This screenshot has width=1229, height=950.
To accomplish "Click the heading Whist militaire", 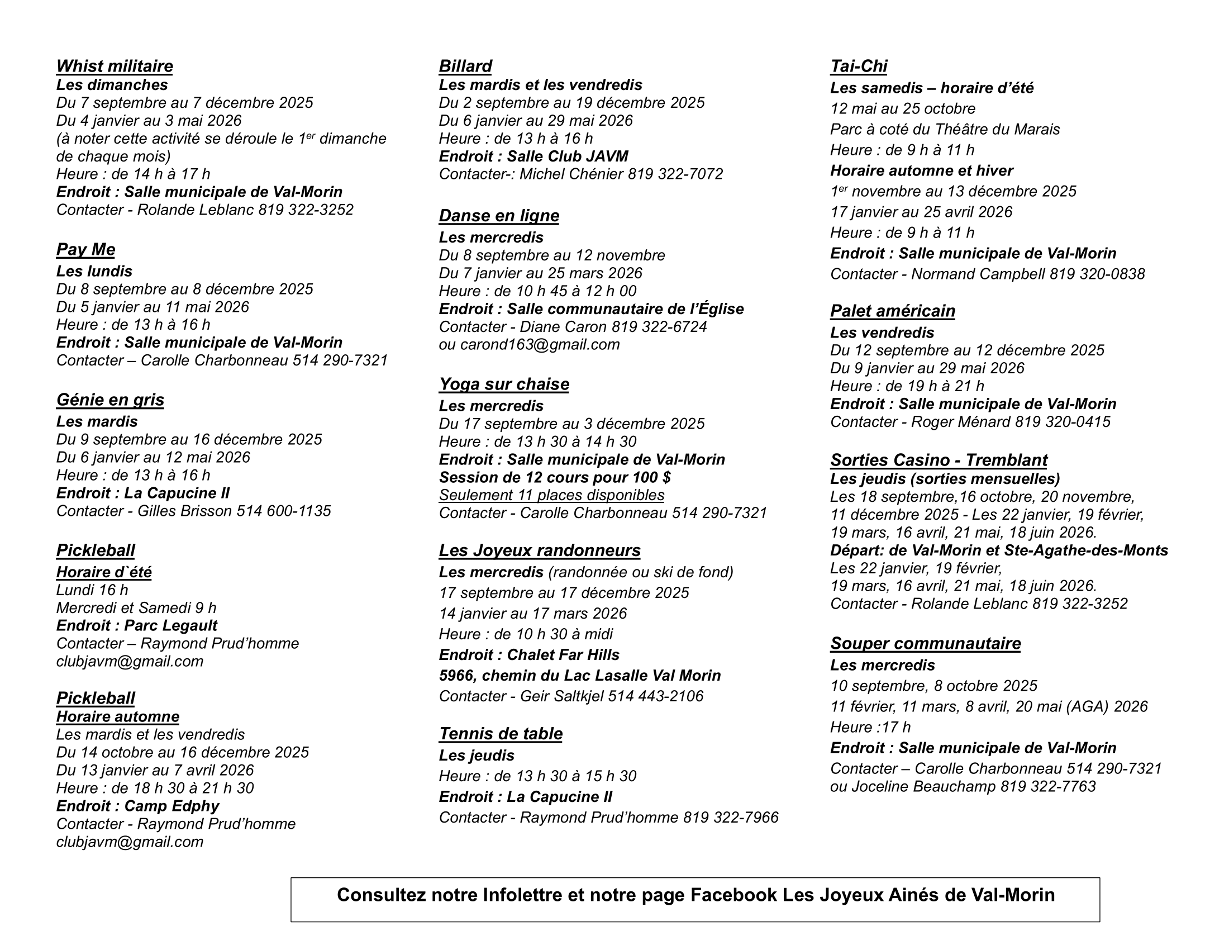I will (114, 66).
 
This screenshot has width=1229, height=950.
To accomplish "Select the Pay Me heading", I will (85, 249).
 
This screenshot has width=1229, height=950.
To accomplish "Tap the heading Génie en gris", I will (110, 400).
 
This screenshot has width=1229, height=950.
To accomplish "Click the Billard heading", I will (465, 66).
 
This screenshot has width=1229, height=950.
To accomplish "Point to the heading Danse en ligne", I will (498, 216).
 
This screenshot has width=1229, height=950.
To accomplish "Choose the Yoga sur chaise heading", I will (504, 384).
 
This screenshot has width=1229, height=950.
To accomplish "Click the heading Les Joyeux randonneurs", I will (540, 550).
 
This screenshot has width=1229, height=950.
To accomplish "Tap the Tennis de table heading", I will (501, 733).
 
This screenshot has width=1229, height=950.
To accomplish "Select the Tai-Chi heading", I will (858, 66).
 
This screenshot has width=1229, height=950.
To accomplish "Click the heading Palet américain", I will (893, 311).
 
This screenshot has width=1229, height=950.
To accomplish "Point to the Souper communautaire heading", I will (925, 643).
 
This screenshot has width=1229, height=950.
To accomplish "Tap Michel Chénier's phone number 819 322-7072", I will (675, 174).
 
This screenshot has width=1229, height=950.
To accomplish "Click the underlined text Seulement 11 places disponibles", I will (551, 495).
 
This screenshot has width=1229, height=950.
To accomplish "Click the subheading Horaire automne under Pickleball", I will (118, 716).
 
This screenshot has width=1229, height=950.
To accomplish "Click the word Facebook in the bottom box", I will (733, 895).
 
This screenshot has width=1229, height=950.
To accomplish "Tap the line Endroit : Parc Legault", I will (137, 625).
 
